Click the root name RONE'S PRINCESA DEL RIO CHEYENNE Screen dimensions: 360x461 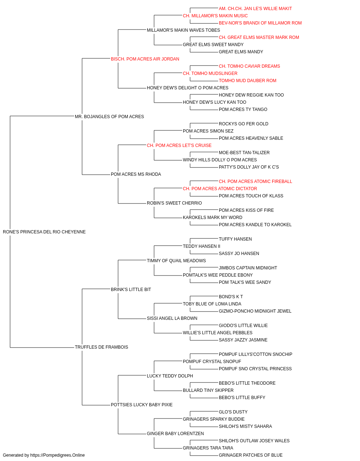[x=44, y=232]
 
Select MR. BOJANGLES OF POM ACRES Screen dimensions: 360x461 [x=109, y=116]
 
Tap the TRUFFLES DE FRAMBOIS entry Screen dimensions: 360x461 [x=102, y=347]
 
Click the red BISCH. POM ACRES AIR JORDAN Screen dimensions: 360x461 [x=145, y=59]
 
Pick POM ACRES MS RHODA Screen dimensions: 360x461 [x=136, y=174]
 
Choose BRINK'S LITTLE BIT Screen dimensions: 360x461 [x=131, y=290]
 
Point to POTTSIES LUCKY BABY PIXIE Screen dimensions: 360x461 [x=141, y=405]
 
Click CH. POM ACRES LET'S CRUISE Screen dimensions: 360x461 [x=179, y=145]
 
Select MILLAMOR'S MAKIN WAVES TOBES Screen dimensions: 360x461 [x=183, y=30]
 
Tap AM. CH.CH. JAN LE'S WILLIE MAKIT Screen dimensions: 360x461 [x=255, y=9]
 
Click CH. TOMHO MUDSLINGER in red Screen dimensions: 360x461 [x=210, y=73]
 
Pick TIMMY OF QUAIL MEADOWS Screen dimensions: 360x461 [x=176, y=261]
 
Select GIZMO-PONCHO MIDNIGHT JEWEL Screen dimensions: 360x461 [x=255, y=311]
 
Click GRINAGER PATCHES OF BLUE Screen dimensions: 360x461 [x=251, y=455]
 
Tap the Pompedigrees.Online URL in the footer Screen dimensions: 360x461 [x=57, y=455]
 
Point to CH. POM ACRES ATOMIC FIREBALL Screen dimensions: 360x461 [x=255, y=182]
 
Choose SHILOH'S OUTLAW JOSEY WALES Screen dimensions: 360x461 [x=254, y=441]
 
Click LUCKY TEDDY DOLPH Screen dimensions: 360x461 [x=170, y=376]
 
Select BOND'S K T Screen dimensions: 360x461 [x=231, y=296]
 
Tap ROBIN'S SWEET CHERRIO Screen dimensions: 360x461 [x=174, y=203]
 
